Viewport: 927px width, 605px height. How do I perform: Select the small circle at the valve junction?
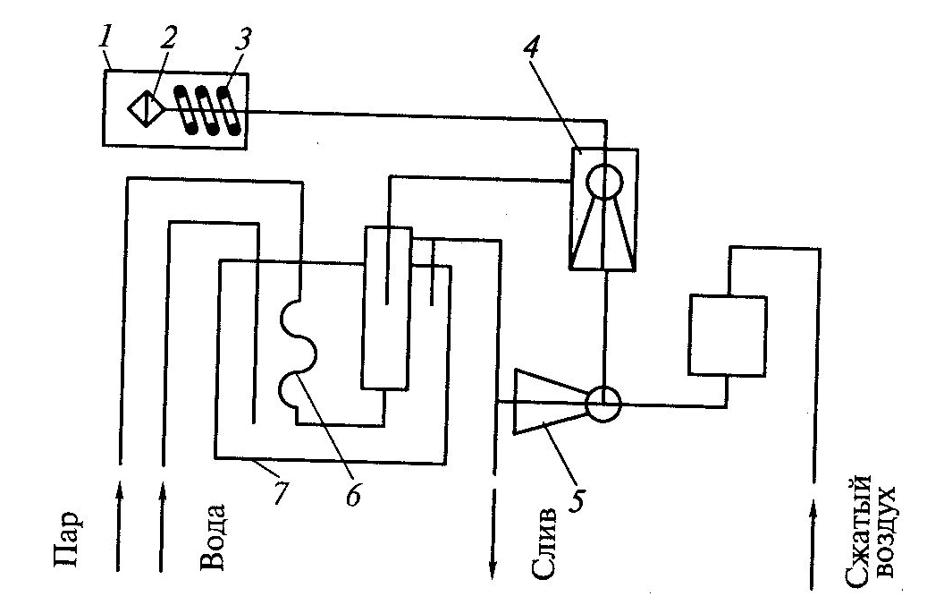pyautogui.click(x=603, y=404)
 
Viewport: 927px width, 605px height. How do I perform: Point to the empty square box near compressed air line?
pyautogui.click(x=727, y=335)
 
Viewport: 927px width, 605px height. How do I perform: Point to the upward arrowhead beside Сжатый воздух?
pyautogui.click(x=813, y=511)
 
